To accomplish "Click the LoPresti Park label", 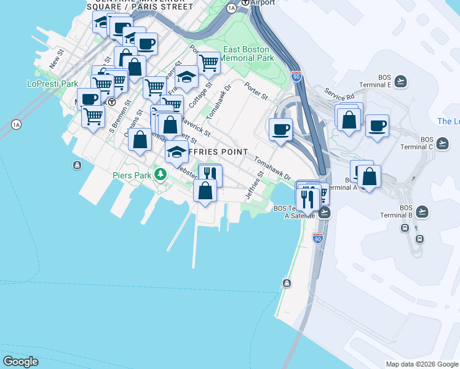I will click(52, 84).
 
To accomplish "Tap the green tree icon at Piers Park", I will click(161, 175).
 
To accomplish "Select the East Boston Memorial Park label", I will click(248, 54).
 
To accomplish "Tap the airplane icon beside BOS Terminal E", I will click(401, 81).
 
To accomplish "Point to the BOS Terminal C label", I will click(435, 143).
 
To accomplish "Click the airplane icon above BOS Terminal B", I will click(422, 212).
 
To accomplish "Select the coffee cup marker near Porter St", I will click(280, 129).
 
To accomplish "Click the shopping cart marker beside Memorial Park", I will click(208, 62).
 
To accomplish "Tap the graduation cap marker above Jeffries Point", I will click(176, 151).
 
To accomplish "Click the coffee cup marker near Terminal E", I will click(377, 125).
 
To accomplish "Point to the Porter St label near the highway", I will click(256, 92).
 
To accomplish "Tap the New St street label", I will click(57, 60).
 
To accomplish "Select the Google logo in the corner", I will click(20, 362).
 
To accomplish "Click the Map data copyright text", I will click(422, 364).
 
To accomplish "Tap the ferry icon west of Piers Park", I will click(77, 165).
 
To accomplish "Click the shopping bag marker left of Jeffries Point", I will click(140, 140).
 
